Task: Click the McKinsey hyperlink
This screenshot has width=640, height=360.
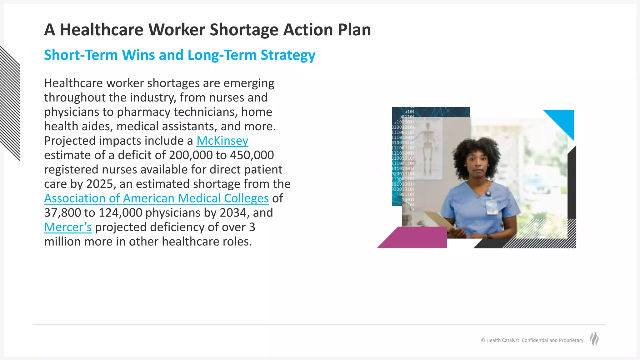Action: (222, 141)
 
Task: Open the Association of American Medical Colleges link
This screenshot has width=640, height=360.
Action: (156, 198)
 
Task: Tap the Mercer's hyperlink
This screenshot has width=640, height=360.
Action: (68, 227)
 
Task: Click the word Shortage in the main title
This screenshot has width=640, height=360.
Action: (244, 30)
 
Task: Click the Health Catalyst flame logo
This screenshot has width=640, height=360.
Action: (594, 339)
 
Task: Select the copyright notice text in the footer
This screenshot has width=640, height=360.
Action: (532, 340)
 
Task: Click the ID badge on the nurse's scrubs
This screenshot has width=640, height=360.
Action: (491, 206)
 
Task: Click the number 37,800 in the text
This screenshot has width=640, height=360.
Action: (63, 213)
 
